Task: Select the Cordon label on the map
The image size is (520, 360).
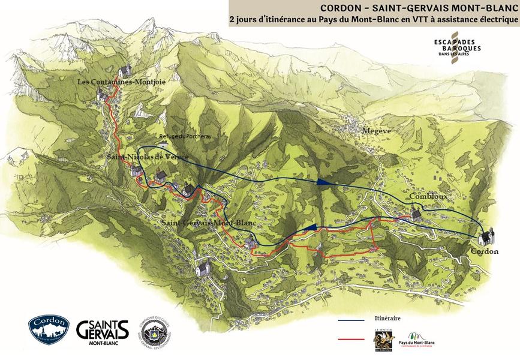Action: click(x=484, y=251)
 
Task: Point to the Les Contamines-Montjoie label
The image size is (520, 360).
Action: click(x=121, y=81)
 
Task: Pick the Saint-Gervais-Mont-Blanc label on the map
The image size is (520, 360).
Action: click(x=208, y=223)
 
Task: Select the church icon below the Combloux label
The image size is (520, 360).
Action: click(x=416, y=213)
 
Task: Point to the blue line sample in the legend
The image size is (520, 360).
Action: click(x=352, y=321)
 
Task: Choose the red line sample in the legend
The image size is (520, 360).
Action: click(x=352, y=340)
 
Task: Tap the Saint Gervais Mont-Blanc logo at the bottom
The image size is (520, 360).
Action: click(x=103, y=331)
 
